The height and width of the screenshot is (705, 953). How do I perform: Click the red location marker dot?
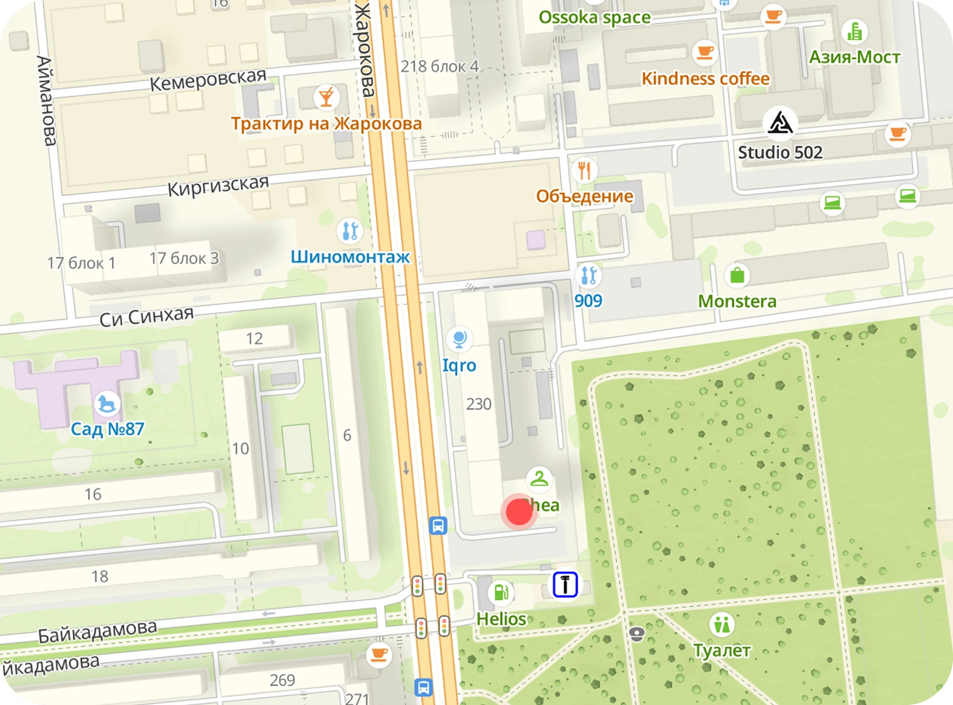519,511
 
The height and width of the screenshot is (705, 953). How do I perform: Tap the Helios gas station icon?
501,592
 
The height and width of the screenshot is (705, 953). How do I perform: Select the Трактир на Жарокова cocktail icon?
326,97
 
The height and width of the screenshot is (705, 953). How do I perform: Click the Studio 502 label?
780,152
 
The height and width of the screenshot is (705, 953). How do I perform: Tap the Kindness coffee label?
705,79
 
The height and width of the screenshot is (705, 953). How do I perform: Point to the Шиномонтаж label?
350,257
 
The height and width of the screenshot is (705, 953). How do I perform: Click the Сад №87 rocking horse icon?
107,404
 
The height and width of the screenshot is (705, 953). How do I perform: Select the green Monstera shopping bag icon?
737,275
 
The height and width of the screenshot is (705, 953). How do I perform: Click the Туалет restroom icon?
721,625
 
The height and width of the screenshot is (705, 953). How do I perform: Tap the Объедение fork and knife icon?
584,171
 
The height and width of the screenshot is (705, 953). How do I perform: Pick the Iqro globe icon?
459,339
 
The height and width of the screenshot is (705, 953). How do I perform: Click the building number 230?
479,404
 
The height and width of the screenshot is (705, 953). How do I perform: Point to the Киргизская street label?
218,186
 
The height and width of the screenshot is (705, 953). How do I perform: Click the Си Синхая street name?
147,316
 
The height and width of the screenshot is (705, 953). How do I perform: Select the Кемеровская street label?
208,80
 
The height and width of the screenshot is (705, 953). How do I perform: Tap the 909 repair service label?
588,301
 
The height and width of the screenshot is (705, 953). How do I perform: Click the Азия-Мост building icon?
854,32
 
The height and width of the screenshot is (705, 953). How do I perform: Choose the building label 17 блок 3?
184,258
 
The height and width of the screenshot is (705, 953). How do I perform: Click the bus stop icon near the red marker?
438,526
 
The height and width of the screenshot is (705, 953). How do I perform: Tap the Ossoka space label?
594,17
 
